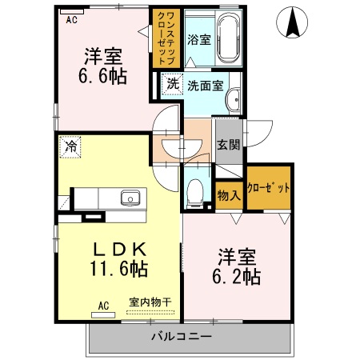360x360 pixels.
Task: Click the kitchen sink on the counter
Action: [128, 198]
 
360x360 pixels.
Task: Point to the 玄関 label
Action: [229, 145]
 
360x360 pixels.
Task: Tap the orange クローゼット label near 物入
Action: [268, 188]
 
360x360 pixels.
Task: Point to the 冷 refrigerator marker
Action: [71, 146]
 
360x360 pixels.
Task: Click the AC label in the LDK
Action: [103, 305]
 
